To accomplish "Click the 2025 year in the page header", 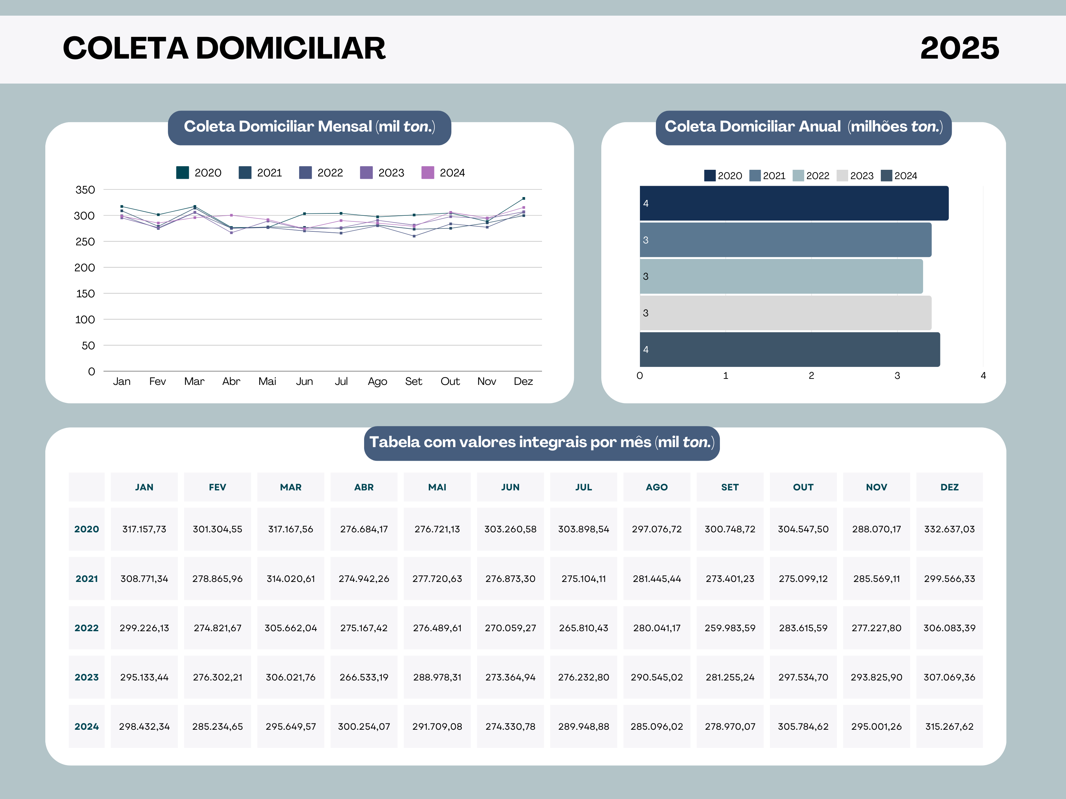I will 959,48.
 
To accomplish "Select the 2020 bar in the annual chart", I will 794,203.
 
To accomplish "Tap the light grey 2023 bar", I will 785,313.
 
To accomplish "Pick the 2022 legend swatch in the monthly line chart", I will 305,172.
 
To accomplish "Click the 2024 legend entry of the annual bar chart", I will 899,176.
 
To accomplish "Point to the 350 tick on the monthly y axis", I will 85,190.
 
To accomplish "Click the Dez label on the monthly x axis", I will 523,382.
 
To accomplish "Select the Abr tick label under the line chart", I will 231,382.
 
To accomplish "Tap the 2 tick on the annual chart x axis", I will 811,376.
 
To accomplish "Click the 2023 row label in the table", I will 87,677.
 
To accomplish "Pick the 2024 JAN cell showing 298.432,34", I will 144,726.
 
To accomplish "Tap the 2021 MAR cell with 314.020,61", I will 290,578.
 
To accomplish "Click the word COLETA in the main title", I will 125,48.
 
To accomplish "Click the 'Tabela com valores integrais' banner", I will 542,442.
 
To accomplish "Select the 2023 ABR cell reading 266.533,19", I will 364,677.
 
